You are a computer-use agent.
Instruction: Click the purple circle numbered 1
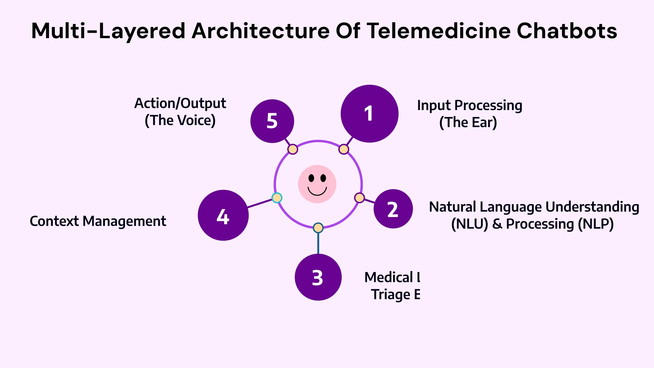tap(370, 113)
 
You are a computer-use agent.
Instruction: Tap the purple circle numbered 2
tap(393, 209)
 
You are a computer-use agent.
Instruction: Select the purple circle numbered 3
tap(318, 277)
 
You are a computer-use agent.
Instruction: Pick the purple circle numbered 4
tap(223, 215)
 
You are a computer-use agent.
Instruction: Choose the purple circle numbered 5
tap(272, 121)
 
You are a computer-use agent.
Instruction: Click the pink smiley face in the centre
tap(317, 184)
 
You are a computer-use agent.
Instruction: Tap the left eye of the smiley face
tap(311, 178)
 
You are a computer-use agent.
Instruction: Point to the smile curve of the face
tap(317, 193)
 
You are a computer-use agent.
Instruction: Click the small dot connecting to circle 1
tap(344, 149)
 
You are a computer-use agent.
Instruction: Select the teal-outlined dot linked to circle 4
tap(277, 198)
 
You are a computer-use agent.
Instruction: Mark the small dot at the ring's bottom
tap(318, 228)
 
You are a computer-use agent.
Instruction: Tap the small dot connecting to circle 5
tap(293, 149)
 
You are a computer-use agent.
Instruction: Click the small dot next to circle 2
tap(359, 198)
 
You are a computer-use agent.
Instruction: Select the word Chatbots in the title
tap(567, 31)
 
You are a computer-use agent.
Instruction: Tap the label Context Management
tap(98, 221)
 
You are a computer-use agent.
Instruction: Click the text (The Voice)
tap(180, 121)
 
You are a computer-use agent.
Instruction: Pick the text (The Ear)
tap(468, 123)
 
